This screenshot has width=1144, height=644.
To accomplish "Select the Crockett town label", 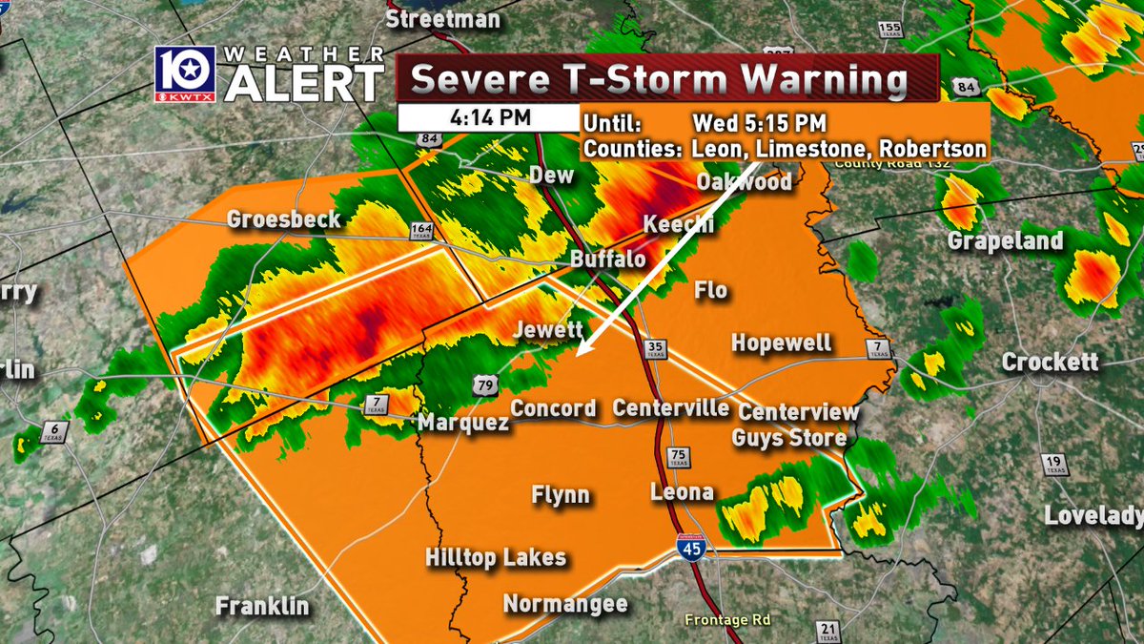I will pyautogui.click(x=1050, y=363).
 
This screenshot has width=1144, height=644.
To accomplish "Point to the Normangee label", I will pyautogui.click(x=565, y=604).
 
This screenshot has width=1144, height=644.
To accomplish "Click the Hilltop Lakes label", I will pyautogui.click(x=496, y=558).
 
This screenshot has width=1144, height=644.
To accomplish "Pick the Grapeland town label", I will pyautogui.click(x=1005, y=240).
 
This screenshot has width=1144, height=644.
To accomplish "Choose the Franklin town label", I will pyautogui.click(x=262, y=606).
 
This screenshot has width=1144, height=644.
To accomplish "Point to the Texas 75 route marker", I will pyautogui.click(x=678, y=456).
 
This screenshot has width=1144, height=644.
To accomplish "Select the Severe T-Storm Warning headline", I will pyautogui.click(x=659, y=80).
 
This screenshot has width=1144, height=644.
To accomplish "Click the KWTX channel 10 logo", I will pyautogui.click(x=187, y=73).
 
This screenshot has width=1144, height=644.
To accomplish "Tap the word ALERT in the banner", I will pyautogui.click(x=304, y=87).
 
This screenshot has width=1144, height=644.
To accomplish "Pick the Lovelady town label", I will pyautogui.click(x=1093, y=516).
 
